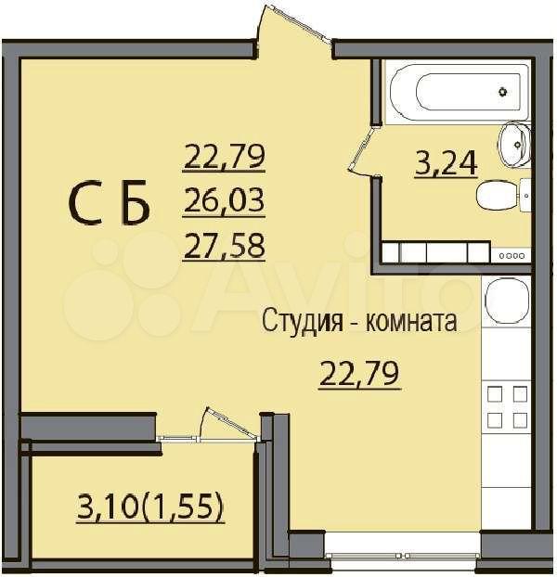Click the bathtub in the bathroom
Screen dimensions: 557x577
tap(457, 91)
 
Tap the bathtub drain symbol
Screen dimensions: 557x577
tap(503, 91)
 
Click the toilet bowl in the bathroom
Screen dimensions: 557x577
tap(503, 196)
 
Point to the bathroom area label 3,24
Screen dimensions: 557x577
tap(446, 163)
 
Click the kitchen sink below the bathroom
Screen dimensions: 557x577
tap(507, 301)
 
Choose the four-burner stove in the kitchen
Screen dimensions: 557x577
tap(507, 406)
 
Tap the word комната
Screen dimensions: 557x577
tap(411, 320)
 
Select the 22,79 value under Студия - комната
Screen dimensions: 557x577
tap(359, 375)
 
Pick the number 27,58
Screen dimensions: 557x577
tap(224, 246)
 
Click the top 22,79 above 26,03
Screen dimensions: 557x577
tap(224, 157)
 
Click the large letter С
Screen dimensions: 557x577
tap(85, 202)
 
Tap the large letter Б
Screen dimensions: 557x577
tap(136, 202)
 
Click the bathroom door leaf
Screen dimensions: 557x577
tap(363, 147)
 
